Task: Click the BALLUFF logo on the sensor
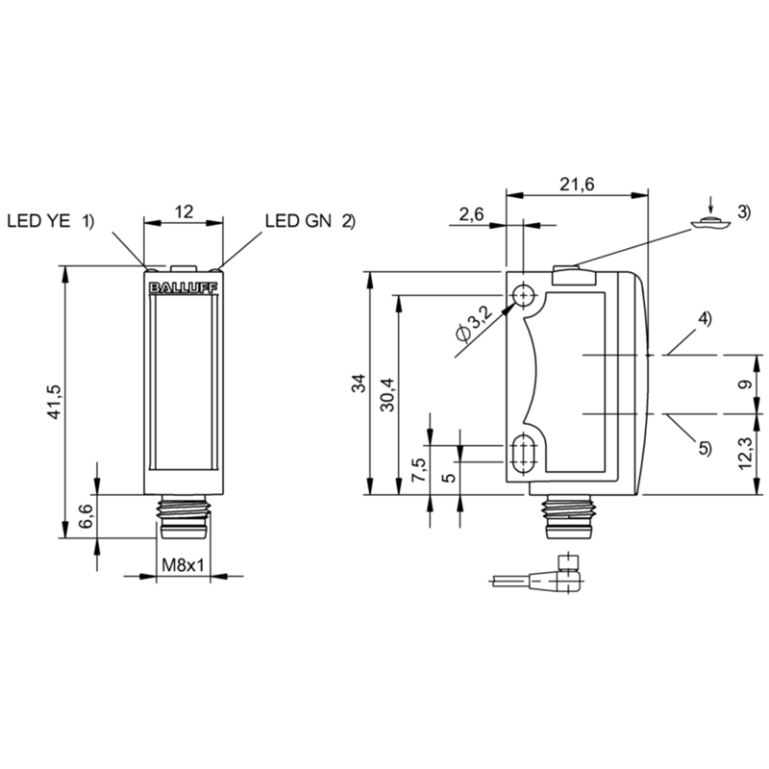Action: click(183, 288)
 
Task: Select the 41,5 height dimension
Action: click(55, 401)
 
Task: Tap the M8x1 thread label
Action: click(183, 565)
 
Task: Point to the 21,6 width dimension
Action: click(577, 184)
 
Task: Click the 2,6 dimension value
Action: click(471, 213)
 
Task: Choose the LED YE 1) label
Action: click(50, 221)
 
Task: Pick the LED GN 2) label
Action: click(310, 221)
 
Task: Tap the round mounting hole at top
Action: click(524, 296)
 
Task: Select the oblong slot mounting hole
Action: click(524, 453)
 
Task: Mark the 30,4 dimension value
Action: click(387, 394)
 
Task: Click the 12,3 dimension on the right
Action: click(745, 453)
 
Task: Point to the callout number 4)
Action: click(705, 319)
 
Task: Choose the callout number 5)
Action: click(705, 447)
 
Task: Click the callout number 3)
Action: click(743, 211)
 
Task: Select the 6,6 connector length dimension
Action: click(86, 516)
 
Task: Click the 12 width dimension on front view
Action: click(184, 211)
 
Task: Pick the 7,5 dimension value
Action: click(420, 470)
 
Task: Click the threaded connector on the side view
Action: click(568, 517)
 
